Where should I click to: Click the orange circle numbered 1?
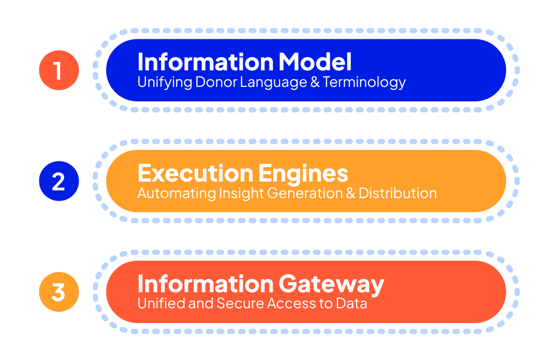point(58,70)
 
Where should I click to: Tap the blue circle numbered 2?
point(58,181)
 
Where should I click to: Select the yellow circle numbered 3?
point(58,292)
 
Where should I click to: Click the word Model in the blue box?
point(315,62)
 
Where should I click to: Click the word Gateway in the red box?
point(331,284)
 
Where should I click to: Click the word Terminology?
point(364,82)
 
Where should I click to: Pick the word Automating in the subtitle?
point(176,193)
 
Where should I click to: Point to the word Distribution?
point(398,193)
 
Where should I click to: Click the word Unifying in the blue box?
point(164,82)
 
